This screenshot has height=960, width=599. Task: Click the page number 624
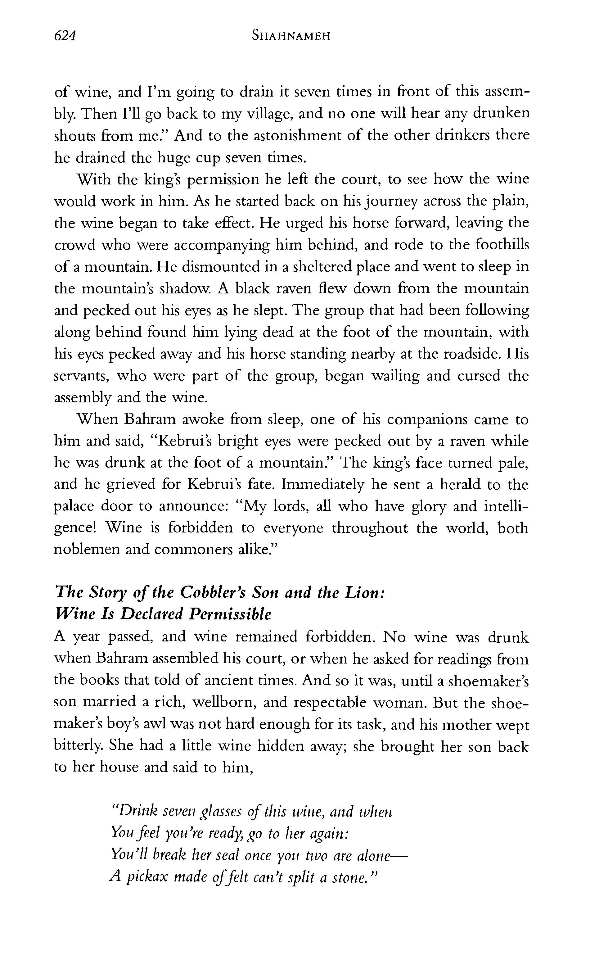coord(65,36)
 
